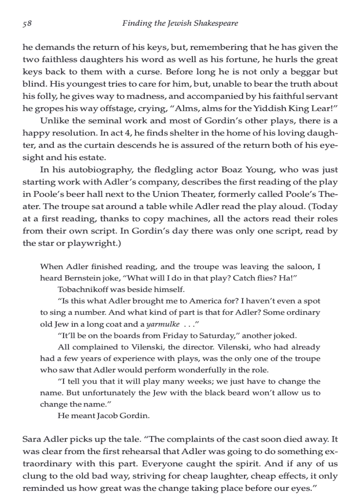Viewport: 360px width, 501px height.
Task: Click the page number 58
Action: [27, 23]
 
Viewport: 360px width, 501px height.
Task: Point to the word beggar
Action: [305, 72]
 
